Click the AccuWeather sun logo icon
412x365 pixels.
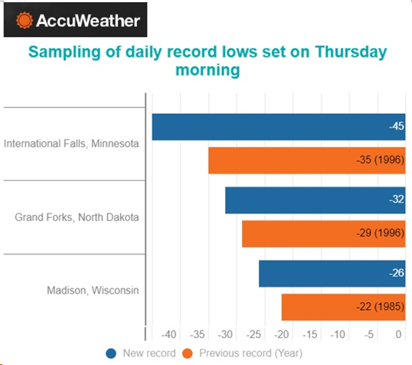tap(24, 20)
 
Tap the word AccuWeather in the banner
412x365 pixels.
tap(88, 20)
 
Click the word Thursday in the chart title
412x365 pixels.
tap(351, 52)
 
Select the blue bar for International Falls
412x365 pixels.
tap(279, 127)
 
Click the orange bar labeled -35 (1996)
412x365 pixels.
tap(307, 160)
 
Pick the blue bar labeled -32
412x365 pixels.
tap(316, 200)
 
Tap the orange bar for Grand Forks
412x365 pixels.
tap(324, 234)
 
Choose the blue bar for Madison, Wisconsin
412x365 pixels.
tap(332, 274)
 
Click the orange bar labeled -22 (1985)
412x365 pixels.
tap(343, 307)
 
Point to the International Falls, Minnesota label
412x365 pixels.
tap(71, 144)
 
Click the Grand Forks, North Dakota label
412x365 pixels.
tap(77, 217)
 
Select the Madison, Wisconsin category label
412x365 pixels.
tap(93, 290)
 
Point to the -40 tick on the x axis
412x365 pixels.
tap(169, 335)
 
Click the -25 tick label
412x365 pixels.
tap(254, 335)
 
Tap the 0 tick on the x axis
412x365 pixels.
tap(399, 335)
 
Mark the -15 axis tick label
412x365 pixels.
tap(310, 335)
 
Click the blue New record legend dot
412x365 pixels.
tap(111, 353)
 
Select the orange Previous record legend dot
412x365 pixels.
tap(187, 353)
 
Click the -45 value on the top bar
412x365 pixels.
tap(397, 126)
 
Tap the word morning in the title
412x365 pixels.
tap(207, 70)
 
